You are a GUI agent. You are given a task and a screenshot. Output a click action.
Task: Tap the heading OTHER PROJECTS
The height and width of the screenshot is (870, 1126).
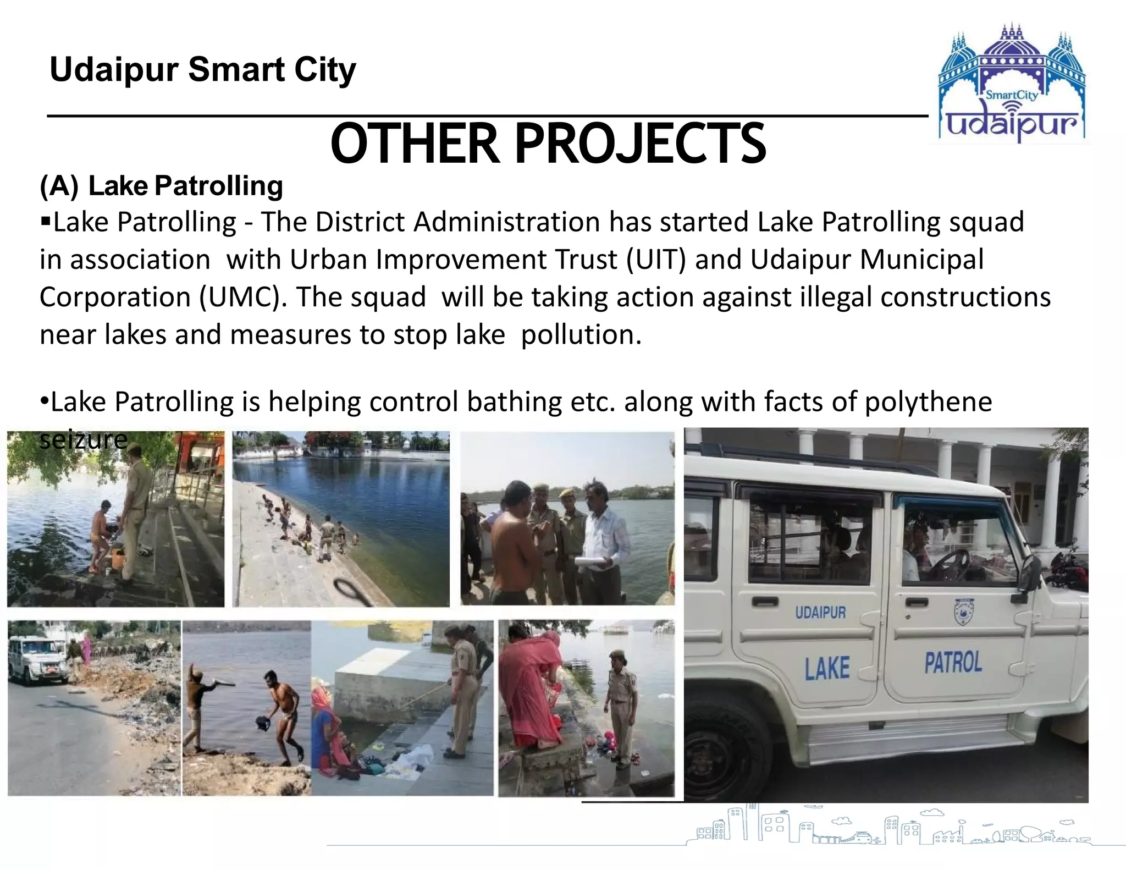548,144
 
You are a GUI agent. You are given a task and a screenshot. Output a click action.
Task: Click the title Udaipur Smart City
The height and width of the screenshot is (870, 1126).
203,70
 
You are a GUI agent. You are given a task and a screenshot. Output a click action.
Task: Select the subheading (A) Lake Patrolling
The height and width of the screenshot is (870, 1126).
161,186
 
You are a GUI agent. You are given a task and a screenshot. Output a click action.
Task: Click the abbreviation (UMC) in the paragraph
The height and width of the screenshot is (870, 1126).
242,297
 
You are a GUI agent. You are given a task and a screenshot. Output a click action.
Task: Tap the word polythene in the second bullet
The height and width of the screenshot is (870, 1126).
928,401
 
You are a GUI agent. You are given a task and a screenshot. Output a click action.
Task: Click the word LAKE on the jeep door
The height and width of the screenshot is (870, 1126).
827,669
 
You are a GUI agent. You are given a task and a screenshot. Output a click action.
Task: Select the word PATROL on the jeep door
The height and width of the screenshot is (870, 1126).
953,662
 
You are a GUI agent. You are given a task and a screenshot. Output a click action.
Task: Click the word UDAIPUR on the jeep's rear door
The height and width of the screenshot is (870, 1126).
820,612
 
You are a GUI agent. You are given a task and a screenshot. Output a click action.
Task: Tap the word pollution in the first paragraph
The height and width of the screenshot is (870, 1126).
580,335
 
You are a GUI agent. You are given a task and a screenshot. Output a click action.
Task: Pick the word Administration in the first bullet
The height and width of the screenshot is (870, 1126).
506,222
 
